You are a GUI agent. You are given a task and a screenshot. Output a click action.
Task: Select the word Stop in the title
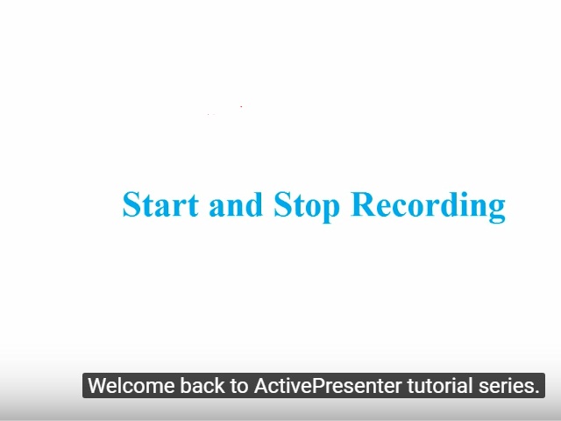click(x=308, y=205)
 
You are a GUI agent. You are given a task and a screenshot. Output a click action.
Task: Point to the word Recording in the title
click(x=428, y=205)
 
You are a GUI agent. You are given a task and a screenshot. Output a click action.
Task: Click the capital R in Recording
click(x=362, y=204)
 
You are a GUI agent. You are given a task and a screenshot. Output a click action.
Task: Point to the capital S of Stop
click(x=283, y=204)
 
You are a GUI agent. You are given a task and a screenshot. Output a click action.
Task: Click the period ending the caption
click(x=536, y=392)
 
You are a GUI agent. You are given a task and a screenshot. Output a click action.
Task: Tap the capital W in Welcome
click(x=97, y=386)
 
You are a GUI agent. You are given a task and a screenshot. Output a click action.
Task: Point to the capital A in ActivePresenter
click(x=260, y=386)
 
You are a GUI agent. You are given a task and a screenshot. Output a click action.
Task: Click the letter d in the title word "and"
click(x=253, y=204)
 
